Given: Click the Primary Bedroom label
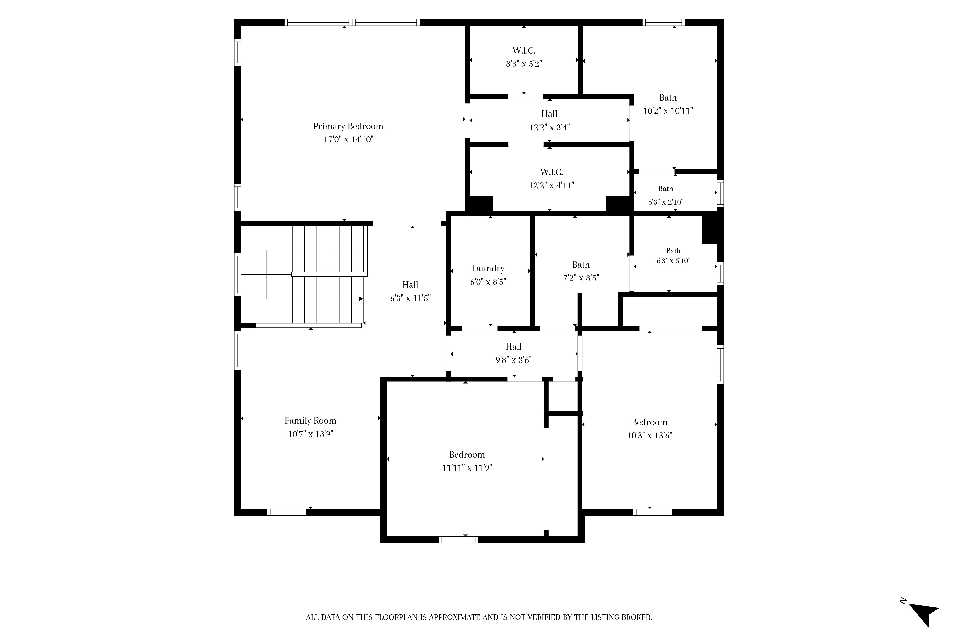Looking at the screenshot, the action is click(x=348, y=126).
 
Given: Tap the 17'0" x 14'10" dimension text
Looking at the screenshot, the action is click(x=348, y=139).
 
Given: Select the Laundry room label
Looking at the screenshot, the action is click(x=488, y=269).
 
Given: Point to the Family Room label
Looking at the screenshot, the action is click(x=310, y=420).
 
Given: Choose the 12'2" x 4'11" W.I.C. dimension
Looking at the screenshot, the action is click(x=552, y=185).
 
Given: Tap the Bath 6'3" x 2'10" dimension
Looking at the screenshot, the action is click(x=666, y=202).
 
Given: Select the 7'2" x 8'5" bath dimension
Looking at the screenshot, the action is click(x=581, y=278).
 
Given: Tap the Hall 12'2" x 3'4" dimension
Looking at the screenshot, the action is click(x=549, y=127).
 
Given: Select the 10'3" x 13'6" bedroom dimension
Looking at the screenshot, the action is click(x=649, y=435).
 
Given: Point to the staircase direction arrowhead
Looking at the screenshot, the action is click(x=360, y=299).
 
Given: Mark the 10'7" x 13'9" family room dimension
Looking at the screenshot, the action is click(x=310, y=434).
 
